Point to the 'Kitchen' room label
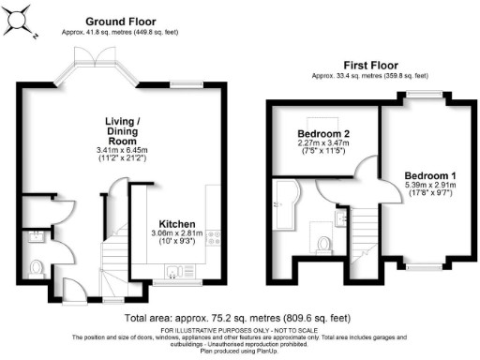[175, 224]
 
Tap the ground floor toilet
[37, 268]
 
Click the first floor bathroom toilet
[324, 244]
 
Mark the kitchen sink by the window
[174, 273]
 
